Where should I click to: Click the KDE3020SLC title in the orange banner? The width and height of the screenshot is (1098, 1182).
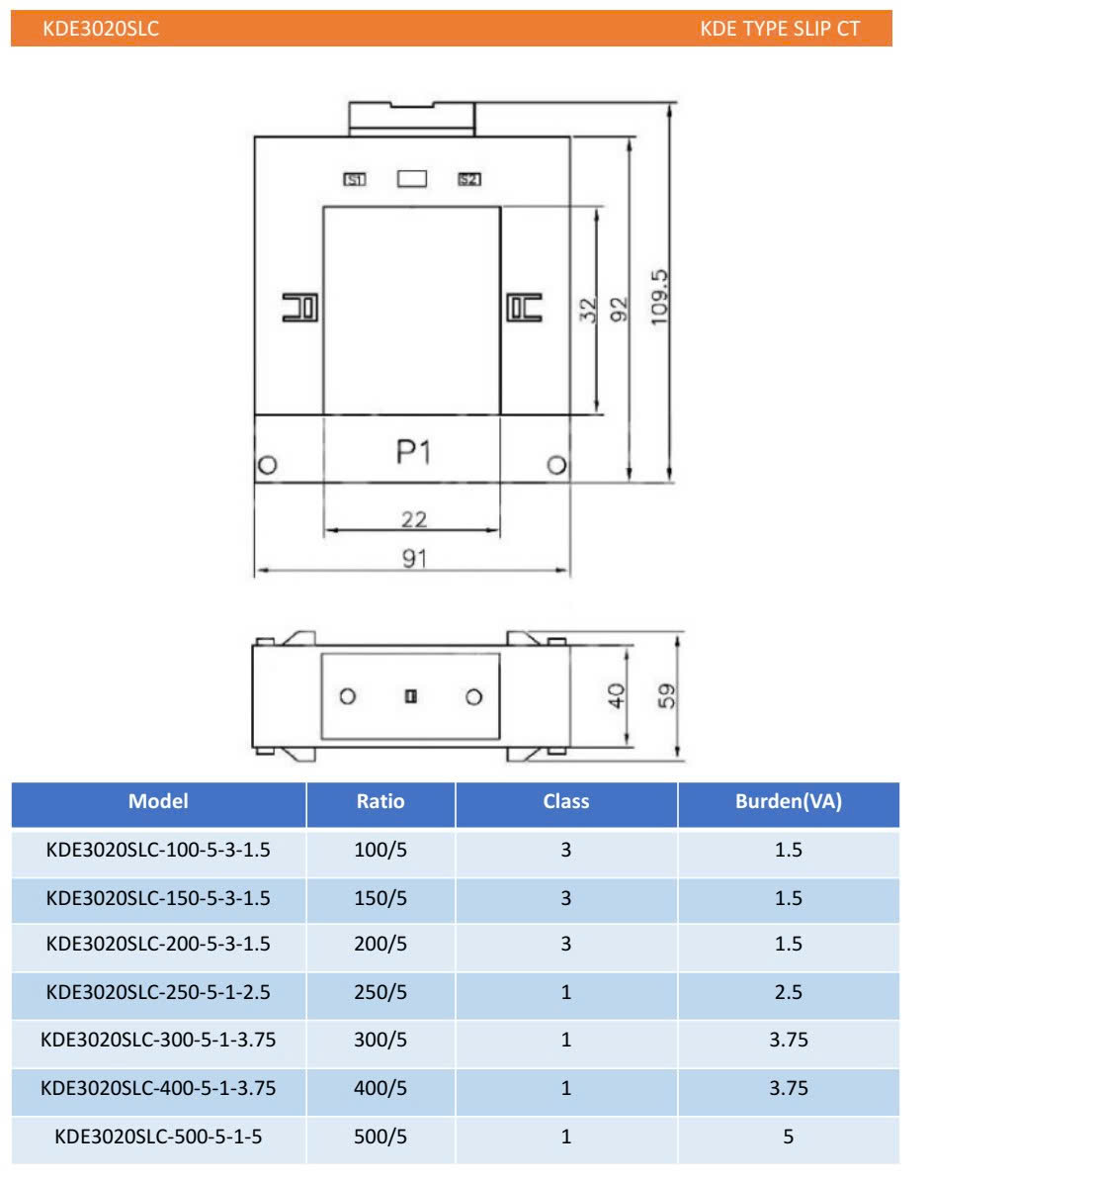tap(101, 29)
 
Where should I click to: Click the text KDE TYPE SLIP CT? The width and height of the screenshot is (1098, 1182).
tap(780, 29)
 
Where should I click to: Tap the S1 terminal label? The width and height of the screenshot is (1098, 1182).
tap(355, 179)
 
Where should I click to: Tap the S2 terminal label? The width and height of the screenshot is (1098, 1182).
tap(469, 179)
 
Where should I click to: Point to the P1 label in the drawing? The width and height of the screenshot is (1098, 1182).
tap(413, 452)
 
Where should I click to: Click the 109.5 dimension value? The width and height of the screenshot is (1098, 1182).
tap(660, 297)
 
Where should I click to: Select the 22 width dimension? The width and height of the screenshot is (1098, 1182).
tap(414, 518)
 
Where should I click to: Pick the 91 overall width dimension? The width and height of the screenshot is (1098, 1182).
tap(414, 558)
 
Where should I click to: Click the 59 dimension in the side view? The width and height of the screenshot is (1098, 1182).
tap(666, 695)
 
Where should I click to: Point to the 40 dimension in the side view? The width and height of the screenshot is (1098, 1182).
tap(616, 695)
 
